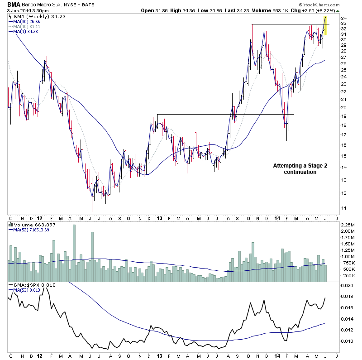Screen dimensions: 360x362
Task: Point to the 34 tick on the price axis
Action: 344,18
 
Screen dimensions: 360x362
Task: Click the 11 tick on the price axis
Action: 344,208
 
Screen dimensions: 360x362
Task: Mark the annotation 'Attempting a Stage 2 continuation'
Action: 300,169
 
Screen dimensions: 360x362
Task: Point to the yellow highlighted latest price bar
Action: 325,25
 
